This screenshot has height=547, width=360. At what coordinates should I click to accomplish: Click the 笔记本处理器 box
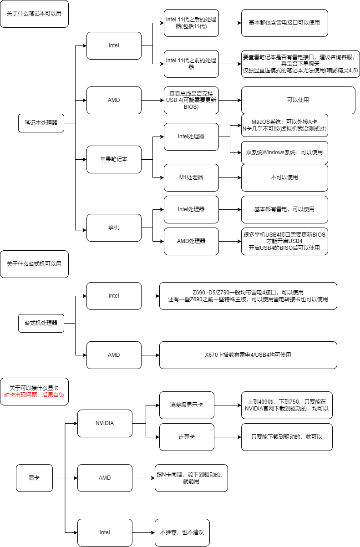(41, 123)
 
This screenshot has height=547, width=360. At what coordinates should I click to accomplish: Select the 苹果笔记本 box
(114, 159)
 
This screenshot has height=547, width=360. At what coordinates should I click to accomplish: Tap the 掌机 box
(114, 228)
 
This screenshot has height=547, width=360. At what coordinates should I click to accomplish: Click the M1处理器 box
(191, 177)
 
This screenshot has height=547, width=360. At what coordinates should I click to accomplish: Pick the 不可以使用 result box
(284, 177)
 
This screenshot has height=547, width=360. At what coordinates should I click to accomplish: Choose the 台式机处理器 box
(41, 323)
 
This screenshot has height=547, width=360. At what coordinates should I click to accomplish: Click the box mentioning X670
(248, 355)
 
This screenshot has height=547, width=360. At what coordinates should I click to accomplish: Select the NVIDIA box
(105, 423)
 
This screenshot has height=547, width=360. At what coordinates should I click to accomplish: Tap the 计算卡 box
(187, 437)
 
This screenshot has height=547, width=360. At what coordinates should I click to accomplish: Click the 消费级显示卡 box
(187, 405)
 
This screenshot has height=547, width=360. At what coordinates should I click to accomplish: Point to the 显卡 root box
(34, 478)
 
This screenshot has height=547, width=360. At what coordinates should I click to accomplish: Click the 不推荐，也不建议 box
(182, 532)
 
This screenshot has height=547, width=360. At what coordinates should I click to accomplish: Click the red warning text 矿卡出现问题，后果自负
(34, 395)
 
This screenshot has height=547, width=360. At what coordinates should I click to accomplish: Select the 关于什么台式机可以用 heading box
(34, 264)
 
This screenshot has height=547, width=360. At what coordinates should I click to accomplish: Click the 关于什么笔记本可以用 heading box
(34, 14)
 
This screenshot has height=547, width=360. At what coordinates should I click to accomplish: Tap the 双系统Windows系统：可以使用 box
(284, 152)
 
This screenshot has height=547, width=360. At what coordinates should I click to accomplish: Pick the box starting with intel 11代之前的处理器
(191, 64)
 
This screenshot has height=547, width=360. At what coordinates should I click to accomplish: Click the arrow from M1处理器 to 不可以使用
(230, 177)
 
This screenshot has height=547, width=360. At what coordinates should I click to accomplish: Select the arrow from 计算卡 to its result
(228, 437)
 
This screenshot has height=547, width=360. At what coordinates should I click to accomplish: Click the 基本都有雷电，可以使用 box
(284, 209)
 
